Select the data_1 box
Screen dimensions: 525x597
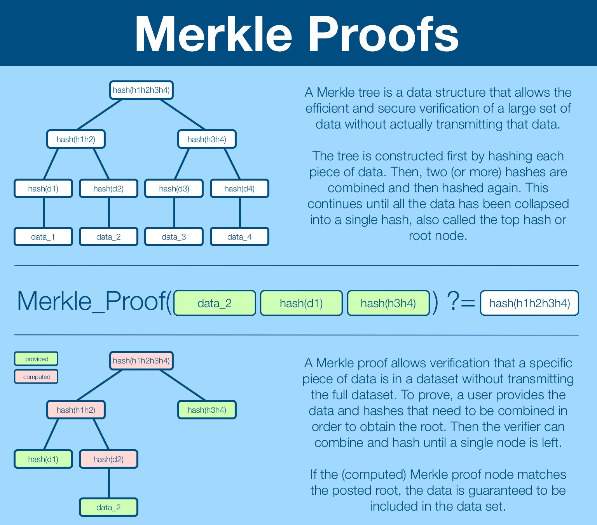(x=43, y=236)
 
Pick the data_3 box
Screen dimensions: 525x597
(x=174, y=236)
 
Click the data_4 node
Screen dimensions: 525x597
(x=239, y=236)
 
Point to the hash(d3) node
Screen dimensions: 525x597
(x=174, y=188)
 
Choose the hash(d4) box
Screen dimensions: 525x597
(x=239, y=188)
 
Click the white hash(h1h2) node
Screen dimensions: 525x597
(x=76, y=139)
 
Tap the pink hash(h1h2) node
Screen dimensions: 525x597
(x=76, y=410)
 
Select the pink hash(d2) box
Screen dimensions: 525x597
(x=108, y=459)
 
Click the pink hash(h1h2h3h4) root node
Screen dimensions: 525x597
(x=141, y=361)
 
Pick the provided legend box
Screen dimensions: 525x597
(x=36, y=359)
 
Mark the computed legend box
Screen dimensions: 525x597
(x=36, y=377)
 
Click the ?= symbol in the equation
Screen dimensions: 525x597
(x=461, y=302)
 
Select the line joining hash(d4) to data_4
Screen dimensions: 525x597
(x=240, y=212)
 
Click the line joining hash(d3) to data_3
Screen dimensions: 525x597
(x=174, y=212)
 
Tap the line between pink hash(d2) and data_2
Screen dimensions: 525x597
(x=109, y=483)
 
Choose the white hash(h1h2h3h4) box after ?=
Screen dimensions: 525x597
(x=529, y=303)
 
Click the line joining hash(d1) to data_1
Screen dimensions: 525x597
(x=44, y=212)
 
